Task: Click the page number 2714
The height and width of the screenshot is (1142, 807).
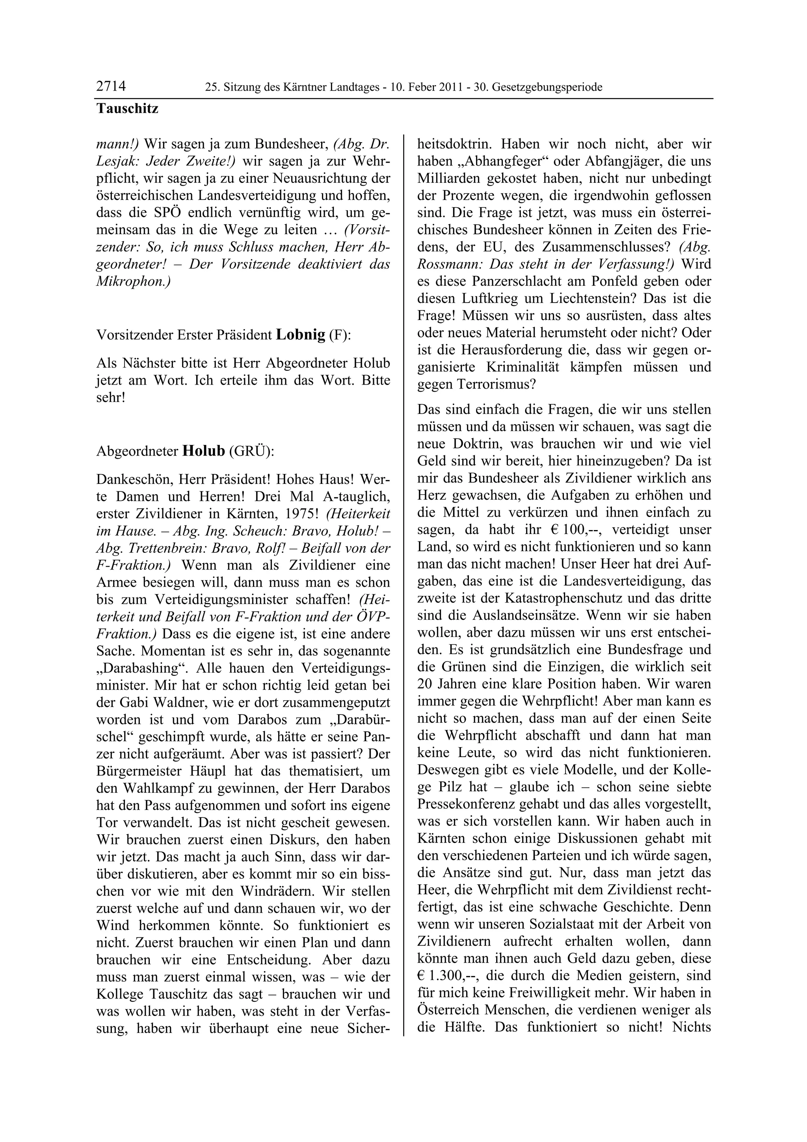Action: [111, 87]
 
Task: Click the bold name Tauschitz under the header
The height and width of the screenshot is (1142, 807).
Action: [127, 108]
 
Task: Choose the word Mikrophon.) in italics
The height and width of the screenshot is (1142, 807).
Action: [133, 281]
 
